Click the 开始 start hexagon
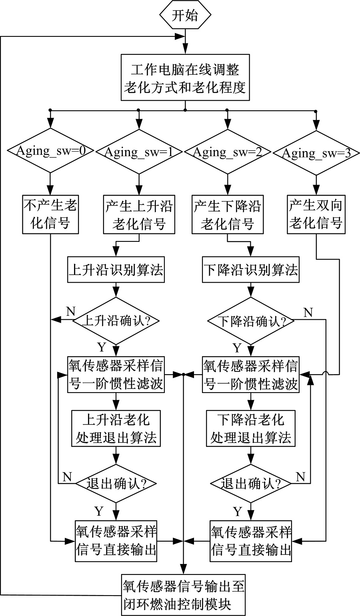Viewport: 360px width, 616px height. (185, 16)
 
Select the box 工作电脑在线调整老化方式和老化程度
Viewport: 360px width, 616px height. (185, 78)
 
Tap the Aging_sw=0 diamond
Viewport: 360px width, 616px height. (50, 151)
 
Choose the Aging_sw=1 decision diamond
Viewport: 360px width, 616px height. (139, 151)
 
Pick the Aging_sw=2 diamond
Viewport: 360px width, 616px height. (228, 151)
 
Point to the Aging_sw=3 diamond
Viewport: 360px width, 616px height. (316, 152)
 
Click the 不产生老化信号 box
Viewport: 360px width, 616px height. (50, 214)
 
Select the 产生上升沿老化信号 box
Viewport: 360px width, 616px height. (139, 214)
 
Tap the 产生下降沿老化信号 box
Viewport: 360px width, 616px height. (228, 214)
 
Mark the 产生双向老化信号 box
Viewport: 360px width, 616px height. (316, 214)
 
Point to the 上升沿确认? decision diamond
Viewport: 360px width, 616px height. (116, 321)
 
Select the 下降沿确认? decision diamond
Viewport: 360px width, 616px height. (251, 321)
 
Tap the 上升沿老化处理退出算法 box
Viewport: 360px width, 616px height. (116, 428)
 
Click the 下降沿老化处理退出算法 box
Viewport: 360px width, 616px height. (251, 428)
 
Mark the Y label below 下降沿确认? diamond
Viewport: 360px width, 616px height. (237, 348)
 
